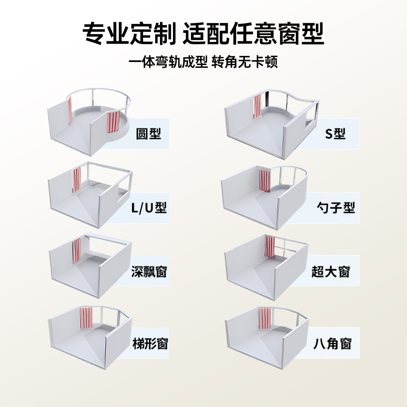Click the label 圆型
(148, 134)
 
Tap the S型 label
(335, 134)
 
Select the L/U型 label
(149, 208)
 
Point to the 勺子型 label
(335, 208)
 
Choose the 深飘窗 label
(149, 272)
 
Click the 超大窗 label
(331, 272)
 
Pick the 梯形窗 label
(150, 344)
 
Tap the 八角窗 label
(332, 344)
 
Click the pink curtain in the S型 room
(257, 106)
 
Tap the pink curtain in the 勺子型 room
(265, 181)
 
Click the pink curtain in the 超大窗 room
(269, 247)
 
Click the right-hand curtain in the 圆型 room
(113, 122)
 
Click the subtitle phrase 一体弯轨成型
(168, 62)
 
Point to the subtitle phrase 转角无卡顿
(245, 62)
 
